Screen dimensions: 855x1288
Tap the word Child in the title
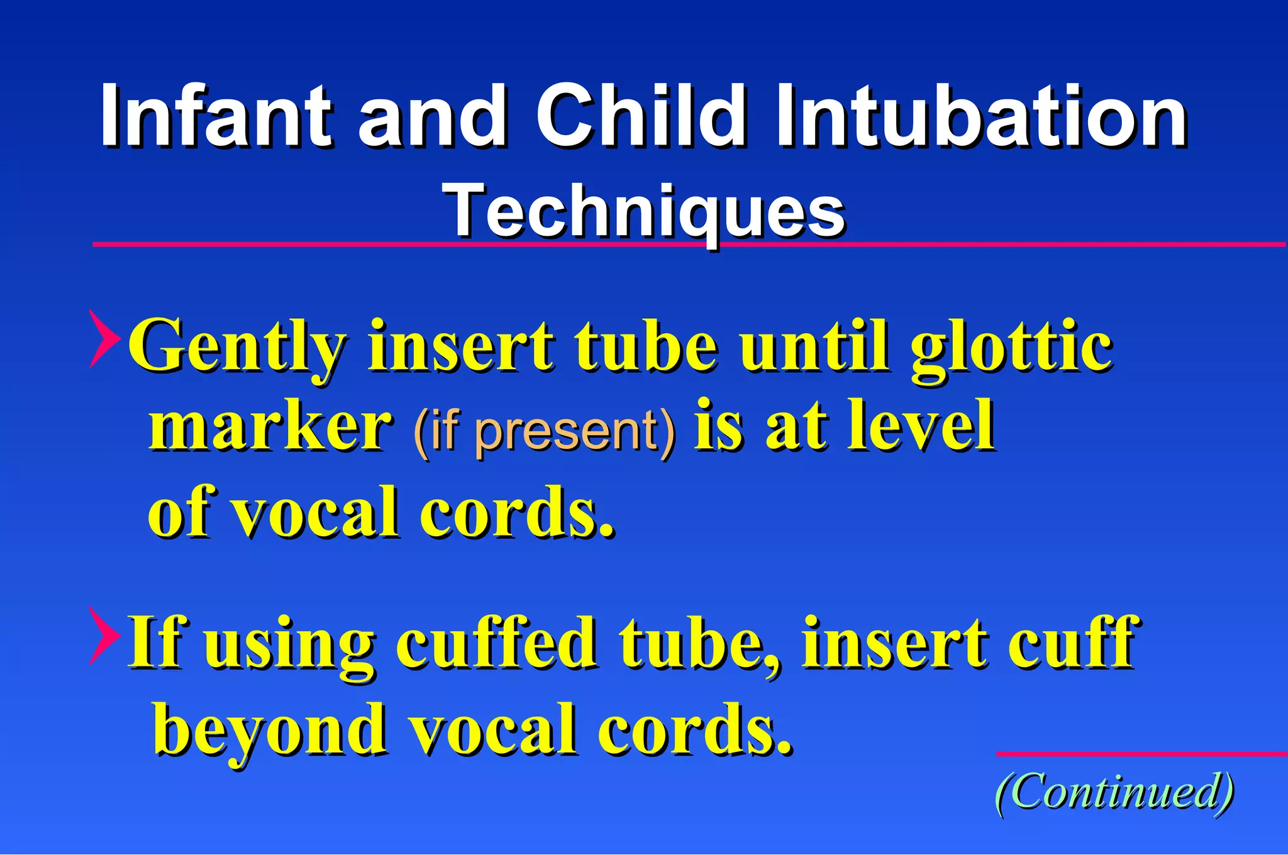[641, 116]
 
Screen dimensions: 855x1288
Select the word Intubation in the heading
[981, 116]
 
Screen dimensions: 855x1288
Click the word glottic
[1012, 347]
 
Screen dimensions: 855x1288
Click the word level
[921, 427]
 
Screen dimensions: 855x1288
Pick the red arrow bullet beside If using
[103, 636]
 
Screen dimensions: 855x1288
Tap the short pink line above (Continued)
[1141, 753]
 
